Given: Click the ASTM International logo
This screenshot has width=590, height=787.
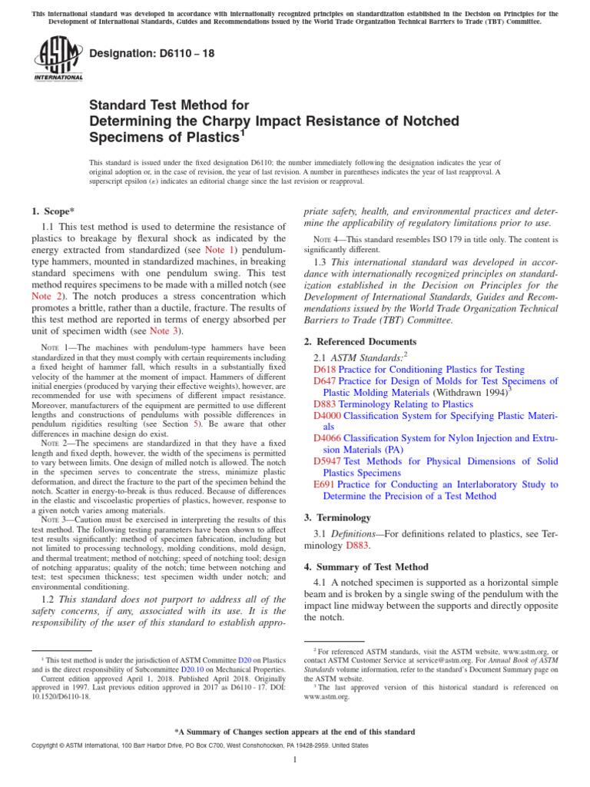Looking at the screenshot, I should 58,59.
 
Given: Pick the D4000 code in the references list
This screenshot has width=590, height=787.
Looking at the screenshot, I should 328,415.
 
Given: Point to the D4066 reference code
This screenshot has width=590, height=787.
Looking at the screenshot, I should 328,438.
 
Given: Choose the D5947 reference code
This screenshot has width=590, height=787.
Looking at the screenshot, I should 328,461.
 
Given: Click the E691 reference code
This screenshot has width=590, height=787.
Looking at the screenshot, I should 325,484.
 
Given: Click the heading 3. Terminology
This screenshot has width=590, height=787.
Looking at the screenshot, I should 338,518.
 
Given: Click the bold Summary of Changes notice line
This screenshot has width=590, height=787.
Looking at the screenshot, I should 295,732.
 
